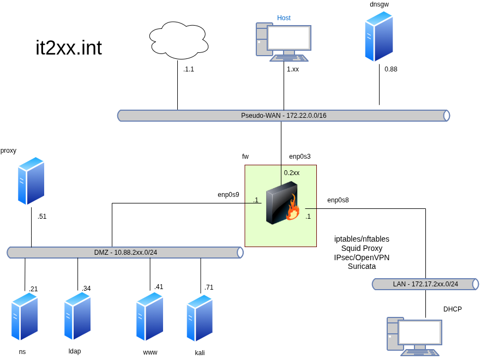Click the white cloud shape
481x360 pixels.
pyautogui.click(x=179, y=40)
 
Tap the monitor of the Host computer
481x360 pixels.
pyautogui.click(x=288, y=38)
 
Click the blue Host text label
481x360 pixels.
pyautogui.click(x=284, y=18)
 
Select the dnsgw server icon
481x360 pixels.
pyautogui.click(x=379, y=37)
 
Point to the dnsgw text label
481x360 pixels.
pyautogui.click(x=379, y=4)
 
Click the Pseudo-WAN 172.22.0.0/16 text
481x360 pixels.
pyautogui.click(x=284, y=116)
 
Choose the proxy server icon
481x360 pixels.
pyautogui.click(x=31, y=181)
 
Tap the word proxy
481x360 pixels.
pyautogui.click(x=8, y=151)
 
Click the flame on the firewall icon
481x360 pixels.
pyautogui.click(x=293, y=209)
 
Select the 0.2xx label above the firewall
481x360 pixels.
pyautogui.click(x=292, y=173)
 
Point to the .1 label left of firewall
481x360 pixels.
pyautogui.click(x=255, y=200)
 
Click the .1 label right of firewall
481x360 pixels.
pyautogui.click(x=308, y=217)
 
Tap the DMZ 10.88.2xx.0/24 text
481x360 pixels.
pyautogui.click(x=125, y=253)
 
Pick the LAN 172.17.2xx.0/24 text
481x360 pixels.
pyautogui.click(x=425, y=284)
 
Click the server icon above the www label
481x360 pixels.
pyautogui.click(x=150, y=316)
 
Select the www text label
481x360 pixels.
pyautogui.click(x=150, y=352)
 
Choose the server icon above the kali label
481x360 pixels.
pyautogui.click(x=200, y=318)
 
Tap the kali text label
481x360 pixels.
pyautogui.click(x=200, y=353)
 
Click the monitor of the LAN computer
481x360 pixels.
pyautogui.click(x=419, y=332)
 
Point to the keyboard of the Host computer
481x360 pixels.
pyautogui.click(x=289, y=58)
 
